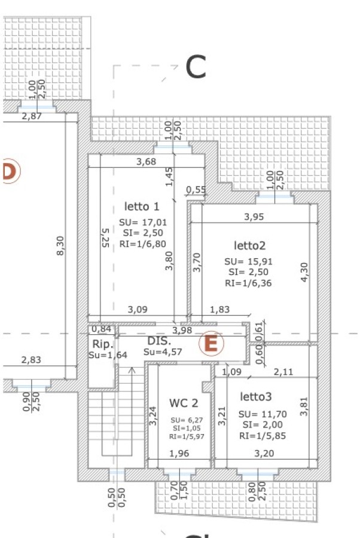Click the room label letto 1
(142, 206)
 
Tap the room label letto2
(249, 245)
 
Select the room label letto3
(256, 397)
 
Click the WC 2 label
(184, 403)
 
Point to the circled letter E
(211, 343)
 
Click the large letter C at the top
(196, 67)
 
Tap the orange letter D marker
(10, 171)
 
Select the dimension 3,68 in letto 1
(146, 161)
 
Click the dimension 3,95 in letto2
(254, 216)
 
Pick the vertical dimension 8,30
(60, 246)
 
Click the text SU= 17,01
(143, 222)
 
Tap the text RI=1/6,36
(248, 283)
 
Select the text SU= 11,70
(263, 414)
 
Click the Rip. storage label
(103, 344)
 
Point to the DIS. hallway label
(159, 341)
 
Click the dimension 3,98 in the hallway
(182, 330)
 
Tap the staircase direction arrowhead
(132, 370)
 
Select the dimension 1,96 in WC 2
(179, 453)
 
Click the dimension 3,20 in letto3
(264, 453)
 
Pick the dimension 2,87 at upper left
(32, 116)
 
